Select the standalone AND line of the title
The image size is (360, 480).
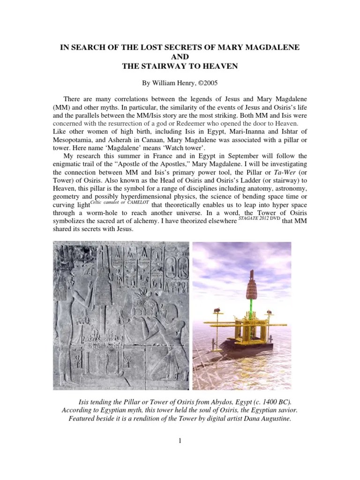[x=180, y=58]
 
